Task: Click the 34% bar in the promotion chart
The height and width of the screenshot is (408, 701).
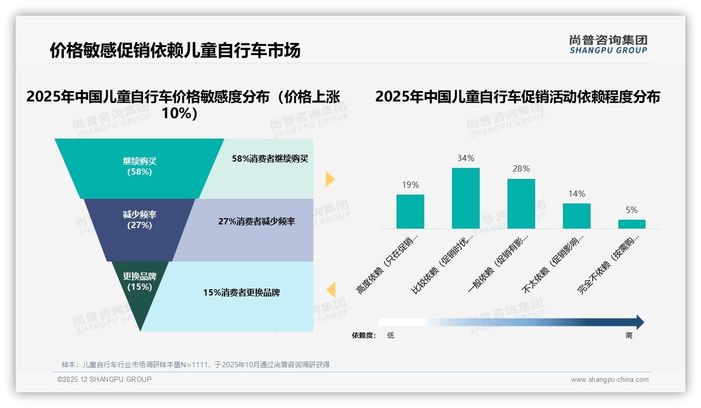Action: tap(466, 198)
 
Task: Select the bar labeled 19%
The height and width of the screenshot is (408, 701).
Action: tap(410, 211)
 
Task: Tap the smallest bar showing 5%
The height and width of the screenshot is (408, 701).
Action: tap(631, 224)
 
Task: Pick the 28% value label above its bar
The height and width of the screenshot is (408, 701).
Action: tap(521, 168)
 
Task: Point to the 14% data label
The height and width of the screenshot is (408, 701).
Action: tap(576, 194)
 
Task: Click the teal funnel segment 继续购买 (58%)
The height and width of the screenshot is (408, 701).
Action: tap(140, 166)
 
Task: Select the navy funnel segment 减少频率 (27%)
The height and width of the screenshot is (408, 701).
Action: tap(140, 220)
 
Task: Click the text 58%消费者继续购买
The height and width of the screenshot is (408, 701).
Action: tap(270, 158)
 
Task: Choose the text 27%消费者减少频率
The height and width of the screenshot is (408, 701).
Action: tap(256, 221)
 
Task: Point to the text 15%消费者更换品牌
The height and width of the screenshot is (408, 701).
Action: tap(241, 292)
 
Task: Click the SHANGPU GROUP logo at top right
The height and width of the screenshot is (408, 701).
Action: tap(608, 44)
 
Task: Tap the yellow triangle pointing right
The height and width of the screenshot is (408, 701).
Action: tap(330, 179)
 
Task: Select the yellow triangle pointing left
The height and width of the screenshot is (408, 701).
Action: tap(331, 290)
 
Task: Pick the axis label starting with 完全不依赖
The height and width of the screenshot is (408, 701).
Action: tap(608, 265)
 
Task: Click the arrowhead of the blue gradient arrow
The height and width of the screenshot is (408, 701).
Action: tap(639, 322)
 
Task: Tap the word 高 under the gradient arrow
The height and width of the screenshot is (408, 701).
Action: tap(629, 335)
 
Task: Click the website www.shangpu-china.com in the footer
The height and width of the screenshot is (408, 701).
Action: tap(609, 380)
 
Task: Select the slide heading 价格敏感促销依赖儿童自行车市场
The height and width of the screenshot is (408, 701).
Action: tap(175, 51)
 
